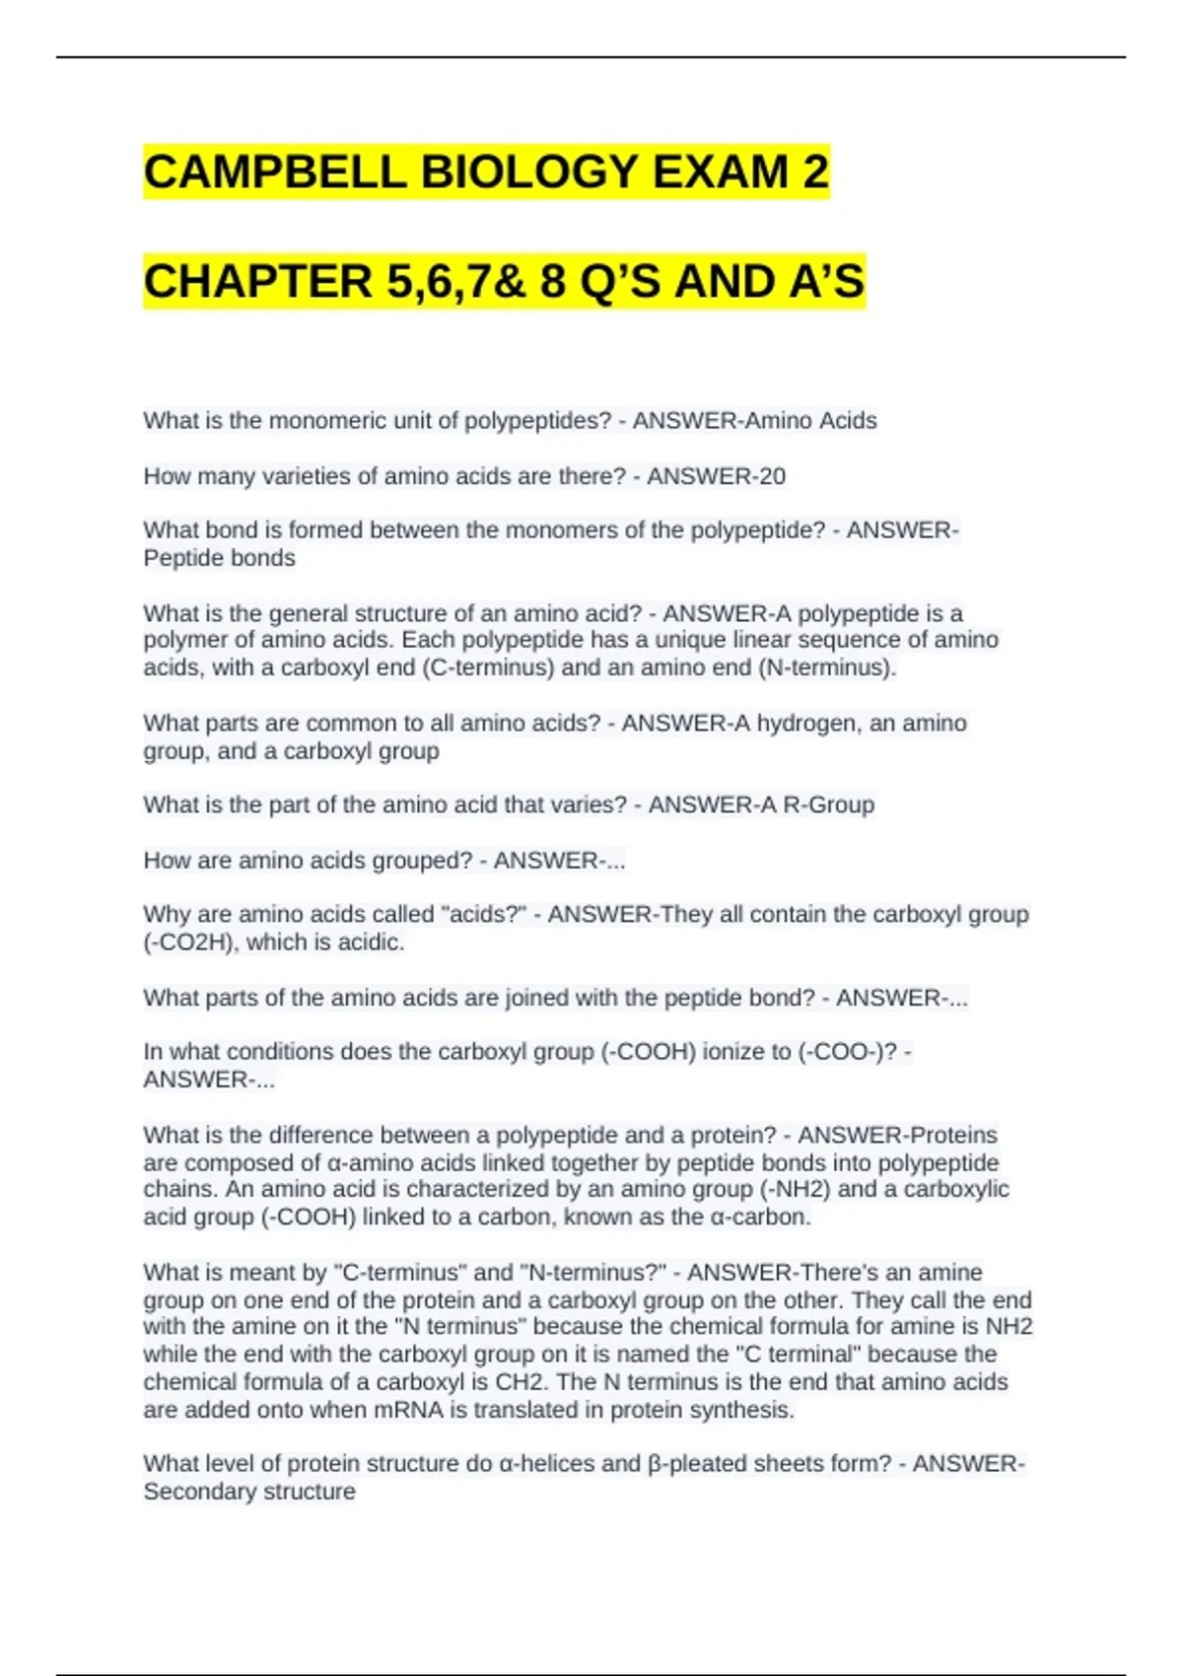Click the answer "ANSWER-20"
coord(716,476)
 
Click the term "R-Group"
coord(828,804)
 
